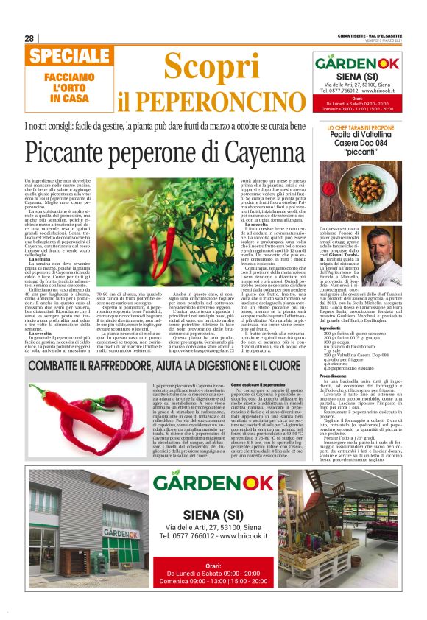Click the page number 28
tap(29, 38)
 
